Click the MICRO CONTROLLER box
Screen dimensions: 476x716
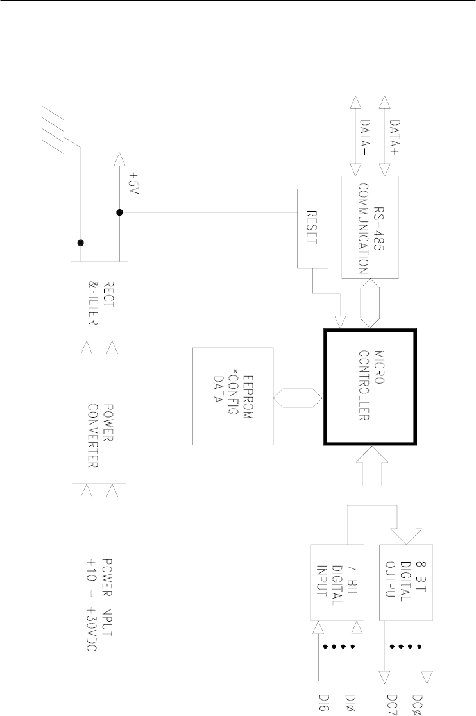click(370, 387)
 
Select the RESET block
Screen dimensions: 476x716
click(312, 228)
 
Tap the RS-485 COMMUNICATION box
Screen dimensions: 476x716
click(370, 227)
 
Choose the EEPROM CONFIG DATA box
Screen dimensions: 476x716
click(233, 396)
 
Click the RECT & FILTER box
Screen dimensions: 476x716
click(99, 301)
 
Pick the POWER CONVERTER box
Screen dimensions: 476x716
click(99, 436)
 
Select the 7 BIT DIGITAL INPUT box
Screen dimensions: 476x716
click(337, 582)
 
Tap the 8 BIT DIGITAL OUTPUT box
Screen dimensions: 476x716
click(405, 582)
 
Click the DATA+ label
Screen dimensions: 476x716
click(395, 137)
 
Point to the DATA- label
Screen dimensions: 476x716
click(366, 137)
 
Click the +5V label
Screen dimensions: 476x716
click(133, 183)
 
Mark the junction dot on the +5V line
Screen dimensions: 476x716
click(119, 212)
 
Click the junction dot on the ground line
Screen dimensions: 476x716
click(80, 243)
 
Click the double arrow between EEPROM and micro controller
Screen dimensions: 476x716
click(298, 396)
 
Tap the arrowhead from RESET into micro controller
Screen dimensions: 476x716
click(341, 322)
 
